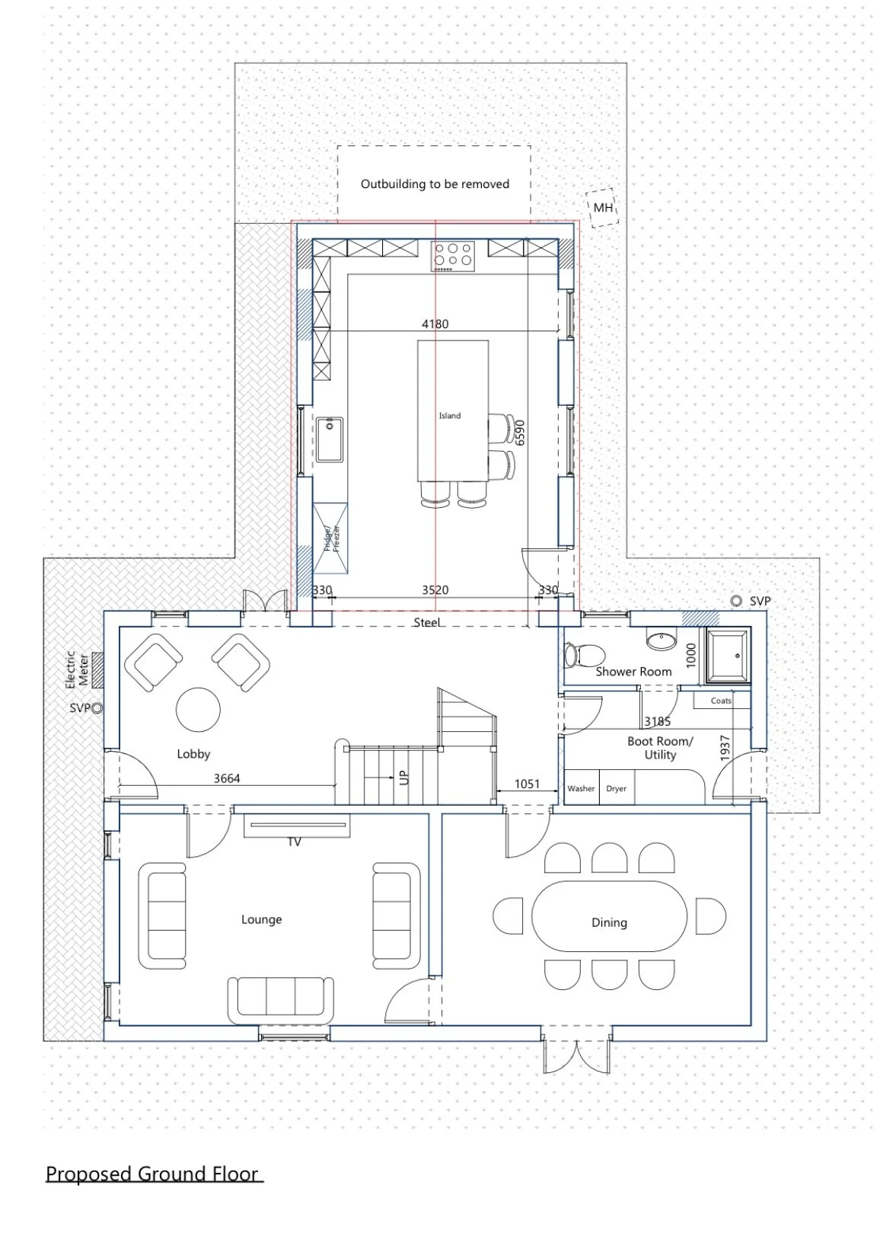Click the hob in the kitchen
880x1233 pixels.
452,256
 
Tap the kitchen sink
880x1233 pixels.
329,439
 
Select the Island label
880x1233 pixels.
450,416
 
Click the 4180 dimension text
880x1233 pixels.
435,324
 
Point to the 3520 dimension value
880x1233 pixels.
435,589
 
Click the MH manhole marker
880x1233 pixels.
603,207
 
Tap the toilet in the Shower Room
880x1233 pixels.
584,655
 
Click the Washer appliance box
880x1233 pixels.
581,787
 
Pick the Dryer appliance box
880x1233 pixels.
617,787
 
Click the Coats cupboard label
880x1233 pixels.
721,700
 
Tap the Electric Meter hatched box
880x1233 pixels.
98,670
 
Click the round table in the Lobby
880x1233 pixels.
198,709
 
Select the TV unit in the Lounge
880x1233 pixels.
297,825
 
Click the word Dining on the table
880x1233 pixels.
609,922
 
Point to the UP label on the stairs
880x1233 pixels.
404,777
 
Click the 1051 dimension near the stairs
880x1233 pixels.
527,783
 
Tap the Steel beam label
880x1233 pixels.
427,622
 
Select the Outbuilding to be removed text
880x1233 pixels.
435,184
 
